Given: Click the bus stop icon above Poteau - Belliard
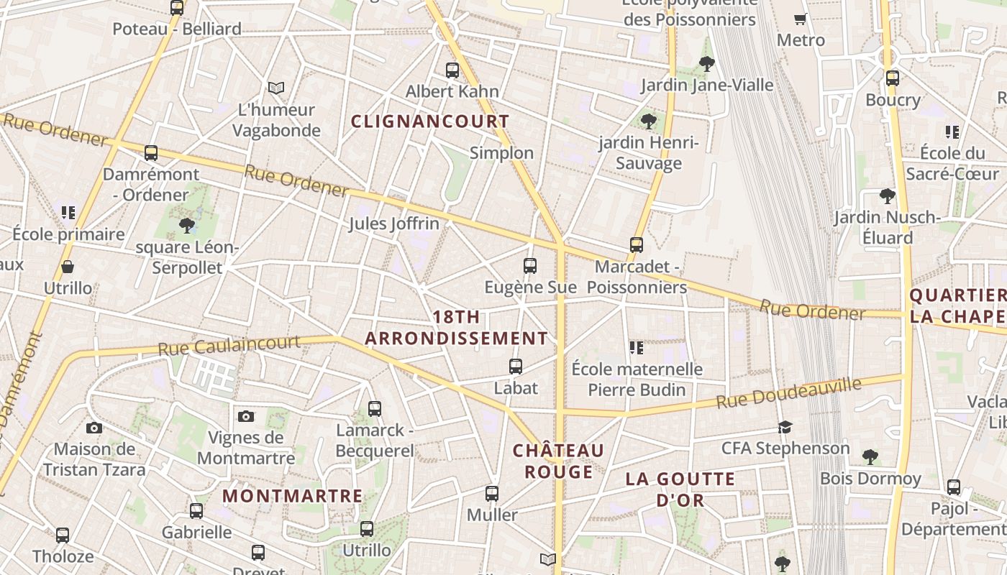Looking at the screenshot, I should click(x=177, y=8).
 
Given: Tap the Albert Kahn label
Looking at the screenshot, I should click(x=452, y=91).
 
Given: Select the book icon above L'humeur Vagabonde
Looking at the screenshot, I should click(x=276, y=88).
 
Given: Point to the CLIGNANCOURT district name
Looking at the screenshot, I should click(x=430, y=121).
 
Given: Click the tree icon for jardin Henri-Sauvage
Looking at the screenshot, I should click(x=649, y=121).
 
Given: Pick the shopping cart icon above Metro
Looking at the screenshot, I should click(x=800, y=19).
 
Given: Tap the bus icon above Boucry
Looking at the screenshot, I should click(x=893, y=78).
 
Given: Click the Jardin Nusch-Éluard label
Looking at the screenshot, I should click(x=888, y=227).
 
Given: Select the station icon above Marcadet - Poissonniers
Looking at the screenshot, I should click(x=636, y=245).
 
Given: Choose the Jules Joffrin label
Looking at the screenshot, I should click(x=393, y=224).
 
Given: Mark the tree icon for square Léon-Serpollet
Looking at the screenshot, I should click(x=187, y=226).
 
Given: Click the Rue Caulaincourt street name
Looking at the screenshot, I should click(x=229, y=345).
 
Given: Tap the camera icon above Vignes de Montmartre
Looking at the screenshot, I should click(x=246, y=416).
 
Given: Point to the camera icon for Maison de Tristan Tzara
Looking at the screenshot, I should click(x=94, y=428).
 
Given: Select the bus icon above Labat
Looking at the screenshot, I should click(x=516, y=367).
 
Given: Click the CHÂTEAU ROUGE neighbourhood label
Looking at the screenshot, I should click(x=558, y=461).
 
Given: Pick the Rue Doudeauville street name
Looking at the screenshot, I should click(x=788, y=394).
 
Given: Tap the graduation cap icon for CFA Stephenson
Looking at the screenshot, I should click(x=785, y=428).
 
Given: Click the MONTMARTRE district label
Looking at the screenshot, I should click(x=292, y=496).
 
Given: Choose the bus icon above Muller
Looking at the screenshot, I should click(x=492, y=494).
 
